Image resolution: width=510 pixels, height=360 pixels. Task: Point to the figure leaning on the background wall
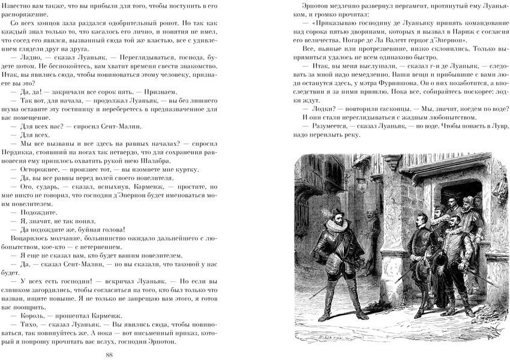point(373,231)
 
